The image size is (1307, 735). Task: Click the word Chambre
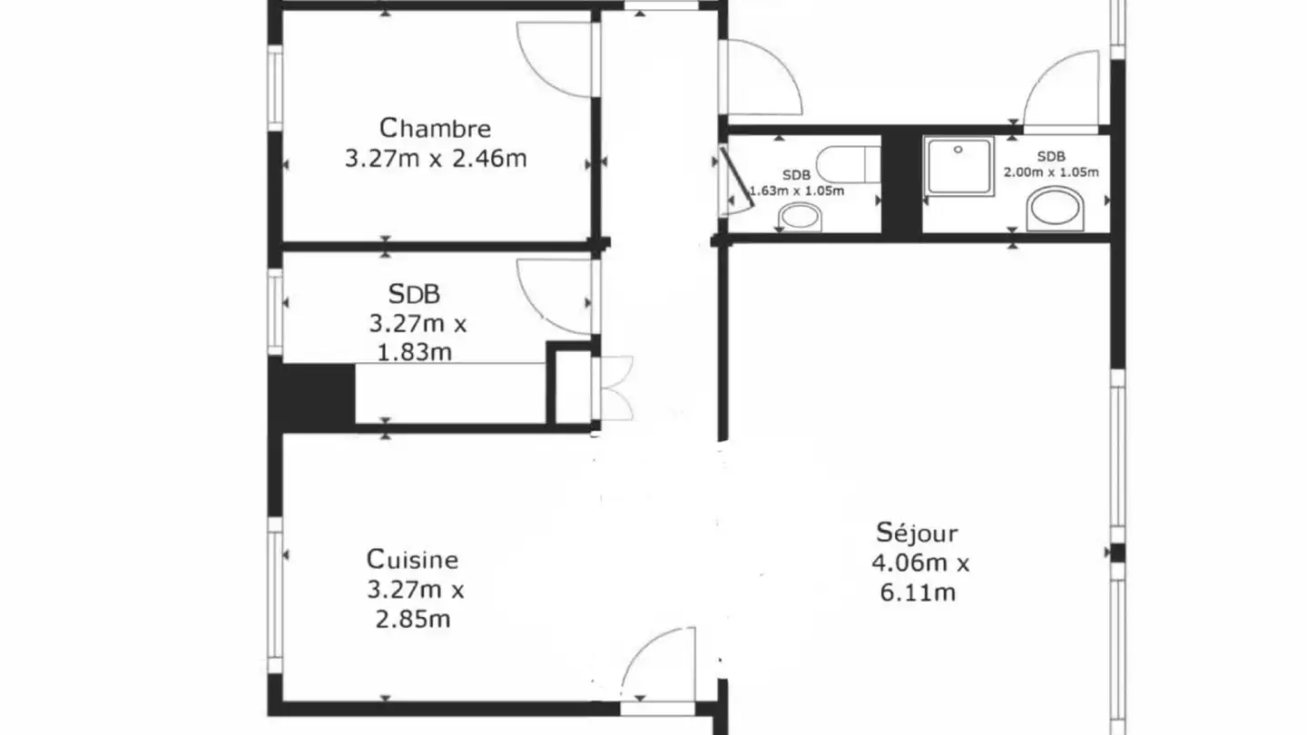(x=436, y=128)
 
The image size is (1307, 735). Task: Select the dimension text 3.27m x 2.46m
(x=436, y=159)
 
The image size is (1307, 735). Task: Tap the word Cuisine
(x=412, y=560)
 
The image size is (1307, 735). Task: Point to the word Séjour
(x=917, y=533)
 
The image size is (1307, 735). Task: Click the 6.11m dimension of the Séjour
(x=918, y=593)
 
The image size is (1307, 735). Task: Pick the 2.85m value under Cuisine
(x=412, y=620)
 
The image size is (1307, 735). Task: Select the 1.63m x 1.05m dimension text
(x=797, y=191)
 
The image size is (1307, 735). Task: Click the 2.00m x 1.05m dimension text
(x=1051, y=172)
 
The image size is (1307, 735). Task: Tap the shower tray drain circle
(x=958, y=150)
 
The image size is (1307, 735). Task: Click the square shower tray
(x=958, y=166)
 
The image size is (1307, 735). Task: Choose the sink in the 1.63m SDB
(x=800, y=217)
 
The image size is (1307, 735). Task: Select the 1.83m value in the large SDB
(x=414, y=352)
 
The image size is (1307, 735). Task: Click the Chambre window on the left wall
(x=275, y=88)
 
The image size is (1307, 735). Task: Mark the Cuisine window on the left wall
(x=275, y=595)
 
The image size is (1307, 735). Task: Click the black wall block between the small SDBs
(x=901, y=183)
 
